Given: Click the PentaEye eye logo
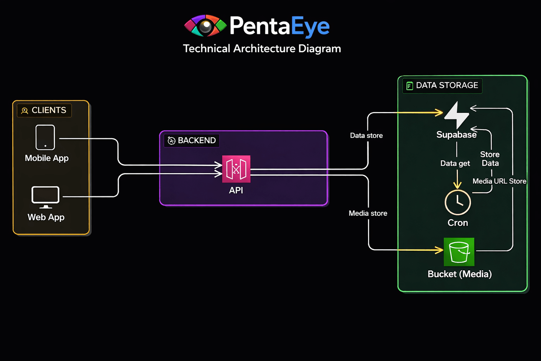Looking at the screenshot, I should point(205,26).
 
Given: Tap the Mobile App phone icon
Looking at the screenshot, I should point(45,137).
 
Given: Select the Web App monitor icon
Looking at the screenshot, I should point(45,197).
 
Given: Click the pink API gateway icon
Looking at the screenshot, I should point(236,169).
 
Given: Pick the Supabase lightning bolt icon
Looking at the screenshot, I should point(457,115).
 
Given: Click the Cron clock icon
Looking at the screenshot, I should point(458,202).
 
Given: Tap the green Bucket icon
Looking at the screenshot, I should point(459,252).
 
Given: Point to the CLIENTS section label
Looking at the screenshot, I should point(44,110).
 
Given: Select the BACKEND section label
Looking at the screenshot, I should point(192,140).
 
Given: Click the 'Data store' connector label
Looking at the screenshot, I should point(366,135).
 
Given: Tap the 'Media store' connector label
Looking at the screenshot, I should point(368,213).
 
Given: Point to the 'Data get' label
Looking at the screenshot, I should point(455,163).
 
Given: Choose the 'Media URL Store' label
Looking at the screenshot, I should point(499,181).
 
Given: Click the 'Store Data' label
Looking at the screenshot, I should point(490,159).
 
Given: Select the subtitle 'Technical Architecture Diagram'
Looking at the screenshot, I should point(262,48).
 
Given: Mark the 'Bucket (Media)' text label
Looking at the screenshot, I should point(459,274).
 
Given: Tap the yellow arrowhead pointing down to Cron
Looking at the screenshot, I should point(457,185).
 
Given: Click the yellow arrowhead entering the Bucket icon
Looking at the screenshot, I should point(440,250).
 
